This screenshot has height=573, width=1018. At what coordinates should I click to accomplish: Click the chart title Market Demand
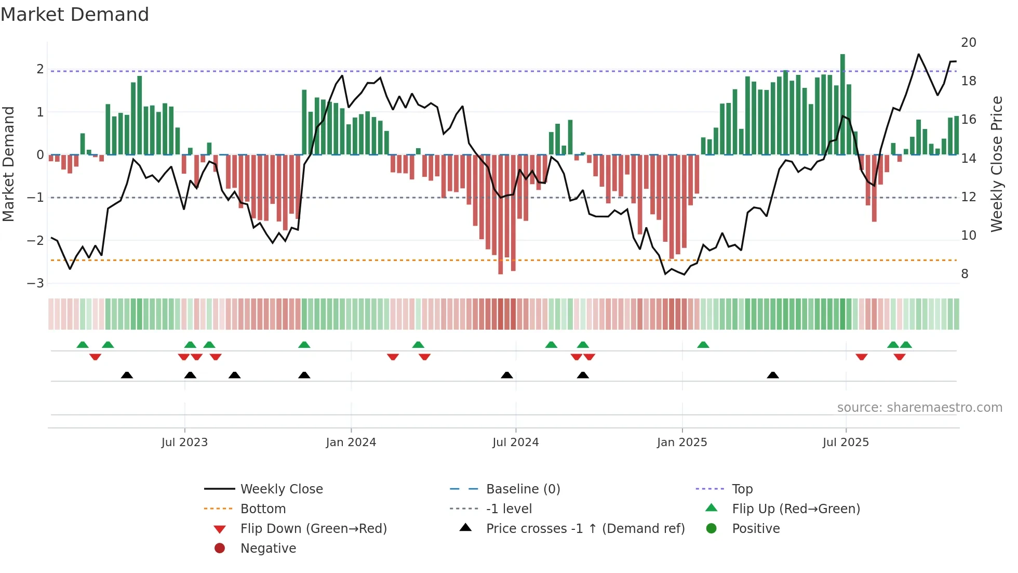tap(75, 15)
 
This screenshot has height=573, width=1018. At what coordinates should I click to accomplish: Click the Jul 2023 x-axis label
tap(184, 442)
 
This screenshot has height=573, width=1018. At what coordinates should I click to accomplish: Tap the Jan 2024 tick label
tap(351, 442)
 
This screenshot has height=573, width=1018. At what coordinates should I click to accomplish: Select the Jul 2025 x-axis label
tap(846, 442)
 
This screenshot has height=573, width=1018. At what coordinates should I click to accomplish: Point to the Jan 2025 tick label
tap(681, 442)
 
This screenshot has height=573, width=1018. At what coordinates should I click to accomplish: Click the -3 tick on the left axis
tap(35, 283)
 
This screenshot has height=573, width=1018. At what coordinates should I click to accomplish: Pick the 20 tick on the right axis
tap(968, 43)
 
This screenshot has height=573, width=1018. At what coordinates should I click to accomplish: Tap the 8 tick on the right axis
tap(965, 274)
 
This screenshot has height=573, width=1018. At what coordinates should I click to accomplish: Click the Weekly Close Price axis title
tap(996, 164)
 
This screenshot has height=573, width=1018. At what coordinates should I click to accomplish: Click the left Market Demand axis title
tap(8, 164)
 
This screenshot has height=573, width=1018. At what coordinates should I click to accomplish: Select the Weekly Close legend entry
tap(281, 489)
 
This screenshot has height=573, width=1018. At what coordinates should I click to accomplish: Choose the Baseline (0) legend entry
tap(523, 489)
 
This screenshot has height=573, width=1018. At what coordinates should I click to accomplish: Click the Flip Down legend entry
tap(313, 529)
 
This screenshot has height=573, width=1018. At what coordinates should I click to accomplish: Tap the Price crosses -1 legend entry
tap(585, 529)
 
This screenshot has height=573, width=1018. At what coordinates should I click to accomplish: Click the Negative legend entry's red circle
tap(220, 549)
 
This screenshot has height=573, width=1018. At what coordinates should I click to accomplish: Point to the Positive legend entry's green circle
tap(712, 529)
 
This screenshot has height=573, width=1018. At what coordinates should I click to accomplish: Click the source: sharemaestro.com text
tap(919, 408)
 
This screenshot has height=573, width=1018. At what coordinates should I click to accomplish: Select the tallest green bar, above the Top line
tap(842, 104)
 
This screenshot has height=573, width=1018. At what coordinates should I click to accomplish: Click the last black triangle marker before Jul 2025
tap(773, 375)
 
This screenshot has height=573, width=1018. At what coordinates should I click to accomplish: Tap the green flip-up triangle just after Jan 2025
tap(703, 345)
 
